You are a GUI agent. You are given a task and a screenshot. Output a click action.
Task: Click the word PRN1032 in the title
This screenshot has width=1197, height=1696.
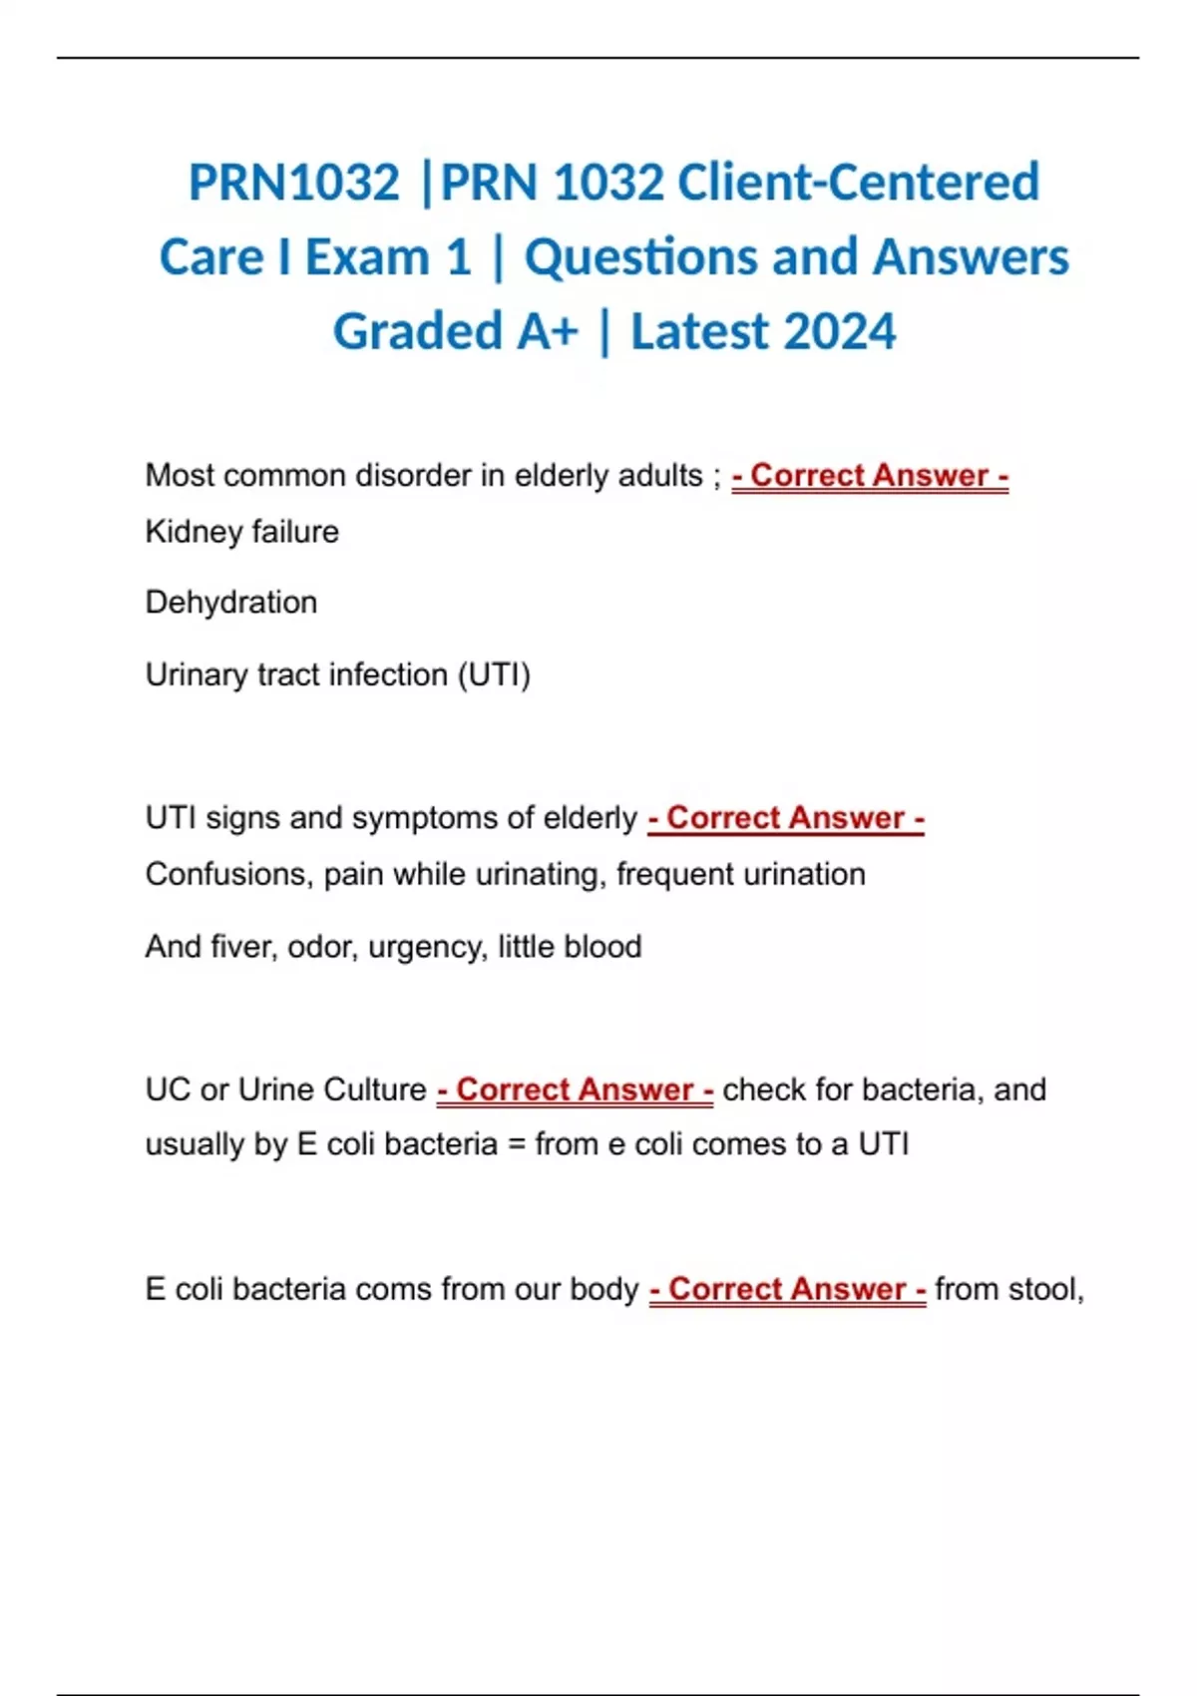pyautogui.click(x=294, y=183)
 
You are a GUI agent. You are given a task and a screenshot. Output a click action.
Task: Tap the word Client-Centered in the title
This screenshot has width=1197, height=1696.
pyautogui.click(x=858, y=183)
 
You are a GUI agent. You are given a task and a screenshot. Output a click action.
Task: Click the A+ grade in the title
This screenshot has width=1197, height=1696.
pyautogui.click(x=547, y=331)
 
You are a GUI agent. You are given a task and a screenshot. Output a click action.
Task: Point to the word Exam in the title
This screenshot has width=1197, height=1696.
pyautogui.click(x=366, y=257)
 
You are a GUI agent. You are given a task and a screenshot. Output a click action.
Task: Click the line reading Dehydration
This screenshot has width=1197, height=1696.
pyautogui.click(x=231, y=603)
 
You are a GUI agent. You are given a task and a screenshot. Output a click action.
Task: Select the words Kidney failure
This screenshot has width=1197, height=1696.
pyautogui.click(x=242, y=532)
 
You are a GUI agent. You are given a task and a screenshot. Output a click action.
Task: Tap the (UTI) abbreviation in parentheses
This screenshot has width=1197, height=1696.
pyautogui.click(x=494, y=675)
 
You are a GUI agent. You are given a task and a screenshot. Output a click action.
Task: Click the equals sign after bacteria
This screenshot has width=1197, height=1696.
pyautogui.click(x=516, y=1144)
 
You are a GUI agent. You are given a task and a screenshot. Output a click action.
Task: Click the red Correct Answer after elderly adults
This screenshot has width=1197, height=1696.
pyautogui.click(x=870, y=476)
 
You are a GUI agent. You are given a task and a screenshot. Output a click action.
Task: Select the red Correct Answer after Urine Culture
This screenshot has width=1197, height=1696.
pyautogui.click(x=575, y=1089)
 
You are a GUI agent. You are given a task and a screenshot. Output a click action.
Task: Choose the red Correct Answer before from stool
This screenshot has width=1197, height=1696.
pyautogui.click(x=787, y=1289)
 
